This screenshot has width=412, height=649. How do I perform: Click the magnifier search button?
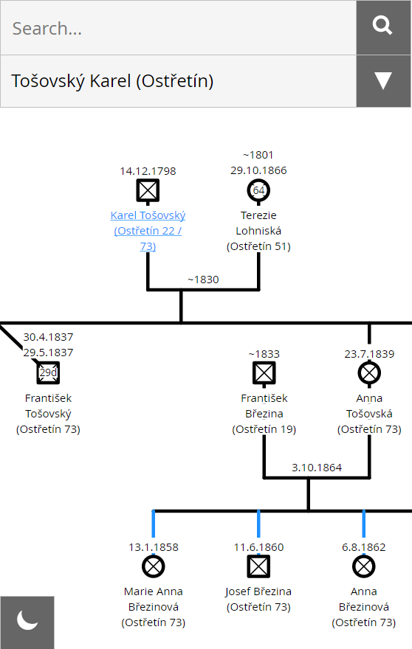[x=383, y=27]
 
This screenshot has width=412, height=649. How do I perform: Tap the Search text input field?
[x=178, y=28]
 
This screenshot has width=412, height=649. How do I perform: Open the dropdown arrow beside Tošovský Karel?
[x=383, y=80]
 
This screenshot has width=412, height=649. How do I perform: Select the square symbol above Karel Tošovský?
[x=148, y=191]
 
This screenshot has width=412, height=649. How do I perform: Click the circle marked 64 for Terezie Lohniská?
[x=258, y=191]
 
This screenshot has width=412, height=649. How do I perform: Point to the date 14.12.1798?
[x=148, y=171]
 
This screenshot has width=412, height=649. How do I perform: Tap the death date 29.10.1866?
[x=258, y=170]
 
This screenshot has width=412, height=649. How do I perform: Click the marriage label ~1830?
[x=203, y=280]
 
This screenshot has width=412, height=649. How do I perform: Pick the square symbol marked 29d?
[x=48, y=373]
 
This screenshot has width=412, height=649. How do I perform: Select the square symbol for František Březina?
[x=264, y=373]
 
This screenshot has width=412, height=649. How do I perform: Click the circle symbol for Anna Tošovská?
[x=369, y=373]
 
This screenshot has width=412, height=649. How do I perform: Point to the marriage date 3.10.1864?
[x=317, y=468]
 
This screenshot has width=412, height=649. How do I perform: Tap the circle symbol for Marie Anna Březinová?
[x=153, y=566]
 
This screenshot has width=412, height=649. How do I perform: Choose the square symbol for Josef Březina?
[x=258, y=566]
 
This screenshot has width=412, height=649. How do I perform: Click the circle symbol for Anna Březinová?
[x=363, y=566]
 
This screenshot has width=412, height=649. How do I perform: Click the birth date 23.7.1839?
[x=369, y=354]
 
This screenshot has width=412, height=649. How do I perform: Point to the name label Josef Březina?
[x=258, y=591]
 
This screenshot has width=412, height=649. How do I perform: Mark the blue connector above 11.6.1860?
[x=258, y=524]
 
